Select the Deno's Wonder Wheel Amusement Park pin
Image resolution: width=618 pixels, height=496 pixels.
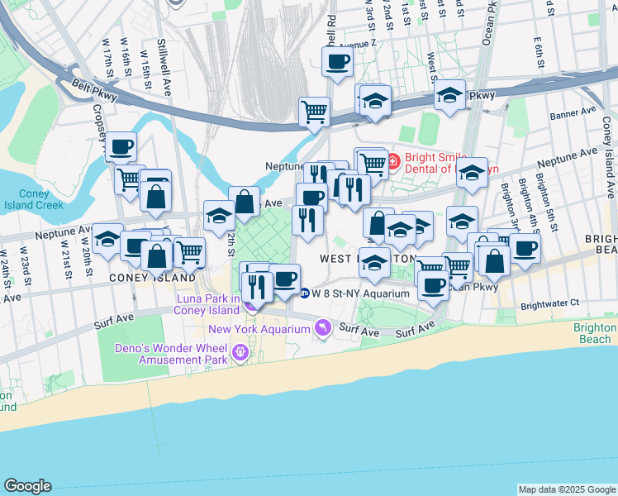(x=240, y=353)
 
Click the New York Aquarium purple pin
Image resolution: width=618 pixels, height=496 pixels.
(x=323, y=329)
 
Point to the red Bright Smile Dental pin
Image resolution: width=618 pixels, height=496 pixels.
(x=394, y=160)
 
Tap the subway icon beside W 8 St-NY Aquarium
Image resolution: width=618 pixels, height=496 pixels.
(x=304, y=293)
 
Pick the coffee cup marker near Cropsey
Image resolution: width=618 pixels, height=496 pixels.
(x=121, y=148)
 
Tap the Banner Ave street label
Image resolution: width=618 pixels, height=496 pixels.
(x=573, y=110)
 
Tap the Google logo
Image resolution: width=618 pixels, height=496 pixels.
(x=27, y=486)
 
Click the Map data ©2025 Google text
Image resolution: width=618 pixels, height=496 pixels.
(x=566, y=489)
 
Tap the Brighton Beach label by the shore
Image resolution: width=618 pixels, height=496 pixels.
(x=593, y=333)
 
